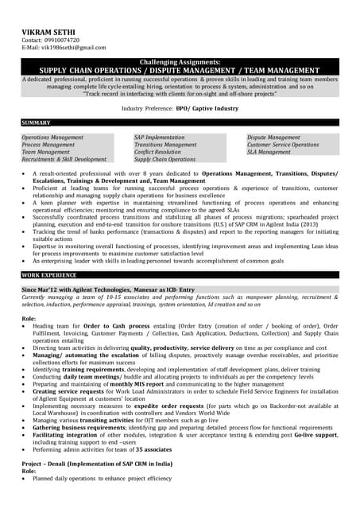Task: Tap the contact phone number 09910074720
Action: click(61, 39)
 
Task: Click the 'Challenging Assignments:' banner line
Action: click(180, 62)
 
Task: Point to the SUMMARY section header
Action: click(37, 123)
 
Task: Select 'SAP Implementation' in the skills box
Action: click(159, 138)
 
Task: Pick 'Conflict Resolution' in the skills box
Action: click(157, 152)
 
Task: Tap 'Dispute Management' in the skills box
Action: click(273, 138)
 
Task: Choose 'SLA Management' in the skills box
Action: click(269, 152)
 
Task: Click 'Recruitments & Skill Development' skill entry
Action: click(64, 159)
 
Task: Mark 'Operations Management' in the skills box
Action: click(52, 138)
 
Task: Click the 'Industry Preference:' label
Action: click(148, 107)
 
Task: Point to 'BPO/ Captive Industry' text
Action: click(207, 107)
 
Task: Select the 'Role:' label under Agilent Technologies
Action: click(30, 318)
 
